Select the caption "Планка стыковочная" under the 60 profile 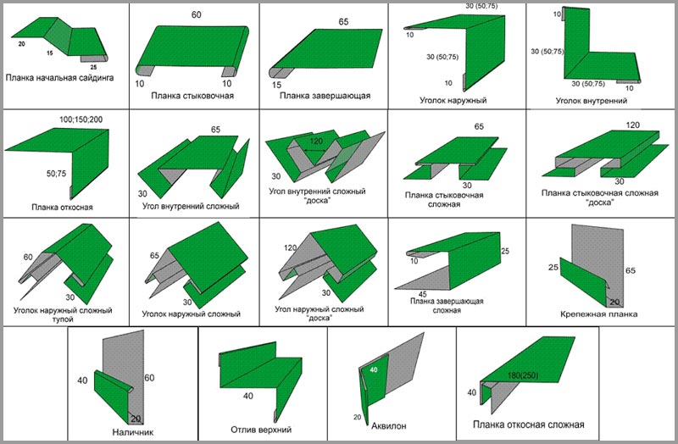tap(193, 96)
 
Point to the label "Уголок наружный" tap(452, 100)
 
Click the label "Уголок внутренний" tap(592, 100)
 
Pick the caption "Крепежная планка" tap(598, 314)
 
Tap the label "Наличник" tap(131, 430)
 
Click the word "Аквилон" tap(391, 425)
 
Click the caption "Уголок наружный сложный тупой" tap(58, 316)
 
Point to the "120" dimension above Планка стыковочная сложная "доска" tap(632, 125)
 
